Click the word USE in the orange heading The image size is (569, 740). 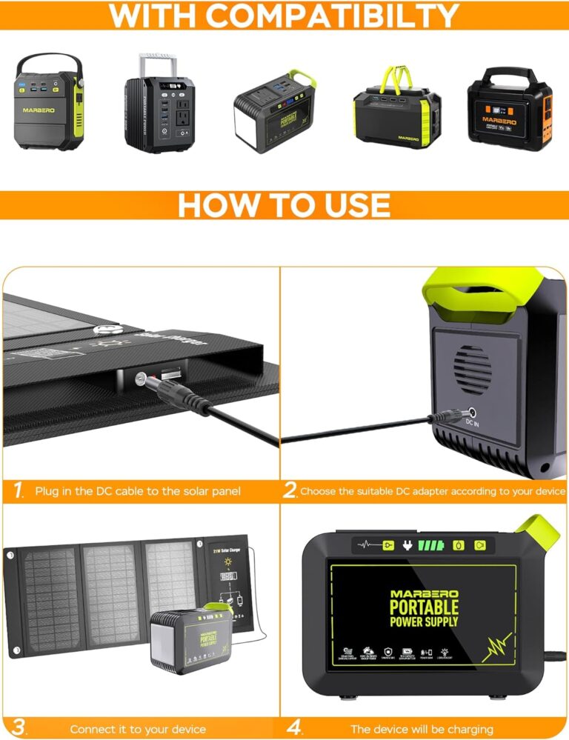pos(350,205)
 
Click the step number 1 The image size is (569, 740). pos(18,490)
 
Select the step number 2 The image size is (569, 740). pos(290,490)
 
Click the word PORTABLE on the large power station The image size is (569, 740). pos(425,607)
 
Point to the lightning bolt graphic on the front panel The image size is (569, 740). pos(497,647)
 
